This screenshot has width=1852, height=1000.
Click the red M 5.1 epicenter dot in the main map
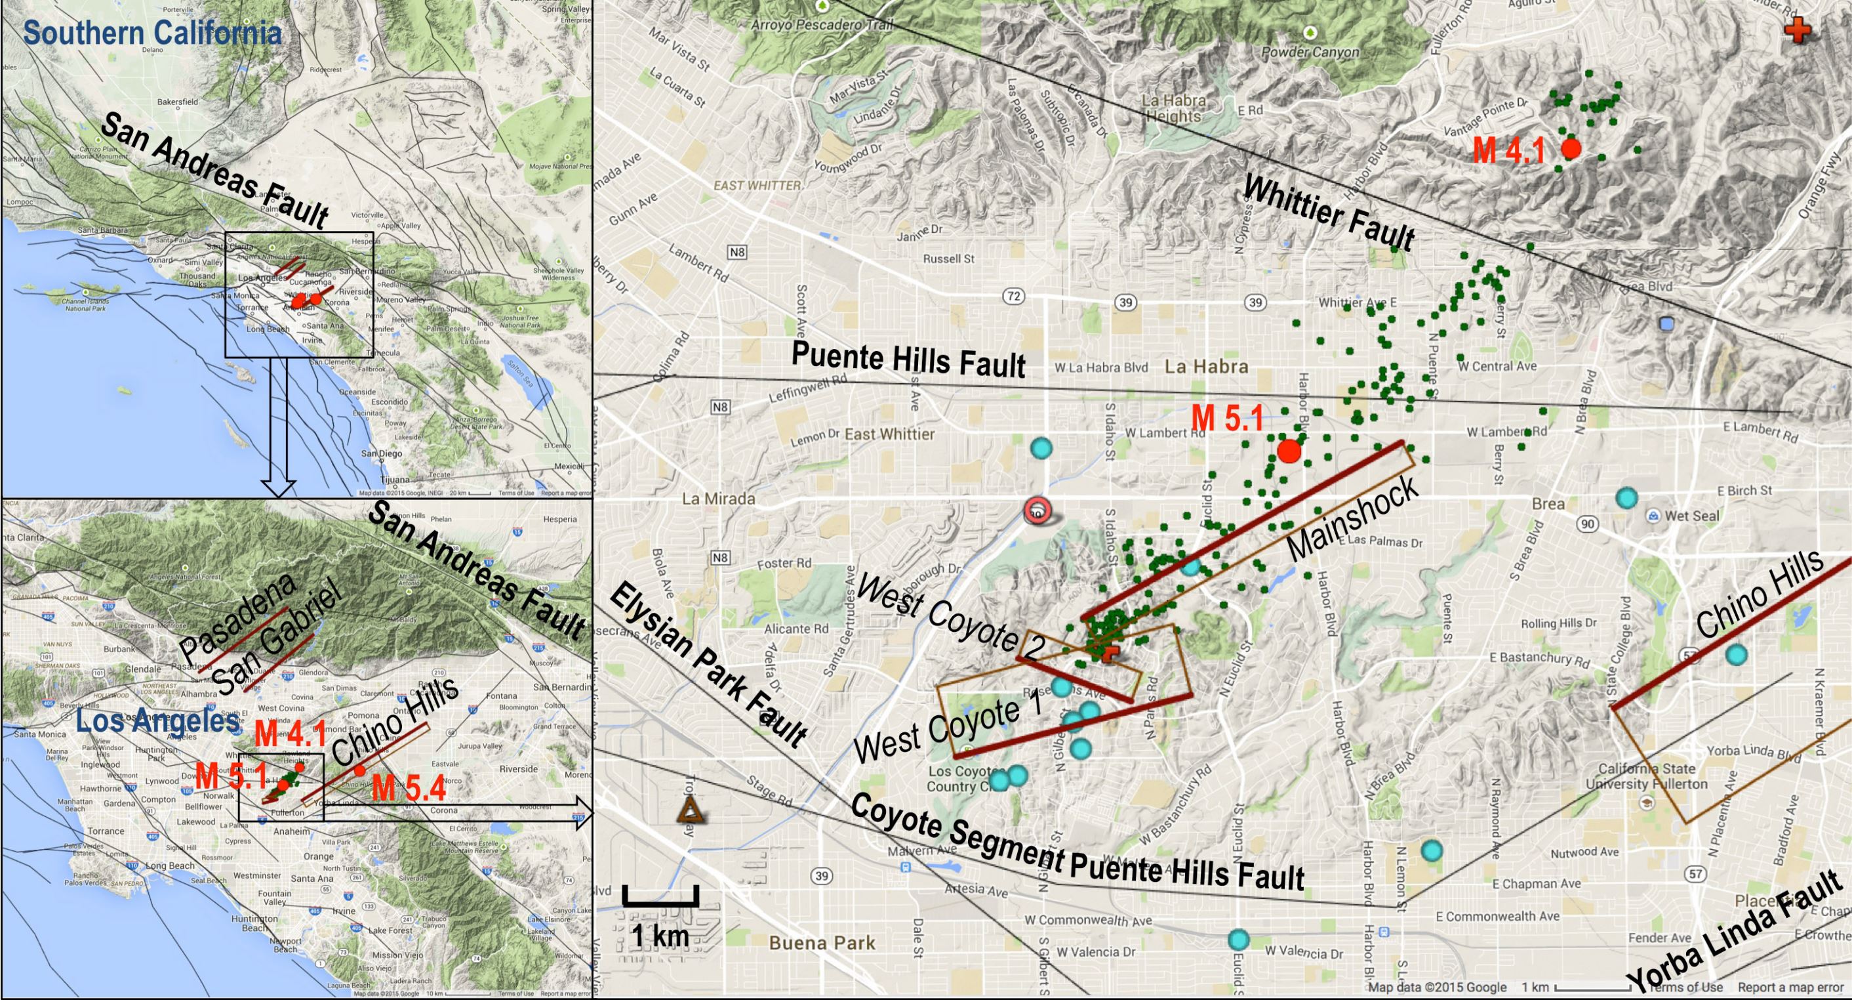tap(1289, 451)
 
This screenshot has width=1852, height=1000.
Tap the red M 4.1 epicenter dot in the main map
tap(1571, 149)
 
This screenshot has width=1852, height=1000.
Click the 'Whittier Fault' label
tap(1329, 213)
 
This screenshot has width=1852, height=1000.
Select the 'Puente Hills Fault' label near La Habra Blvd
tap(908, 360)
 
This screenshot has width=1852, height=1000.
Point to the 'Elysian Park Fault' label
tap(708, 665)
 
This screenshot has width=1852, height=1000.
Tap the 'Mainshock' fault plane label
tap(1352, 517)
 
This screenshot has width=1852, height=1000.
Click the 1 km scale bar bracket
tap(660, 896)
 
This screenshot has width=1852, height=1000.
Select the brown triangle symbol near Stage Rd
tap(691, 810)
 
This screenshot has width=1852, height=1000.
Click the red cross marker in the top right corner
tap(1798, 31)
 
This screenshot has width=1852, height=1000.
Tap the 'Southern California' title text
tap(151, 33)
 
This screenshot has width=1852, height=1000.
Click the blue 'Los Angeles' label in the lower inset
tap(158, 721)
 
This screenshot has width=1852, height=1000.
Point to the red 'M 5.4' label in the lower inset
tap(409, 788)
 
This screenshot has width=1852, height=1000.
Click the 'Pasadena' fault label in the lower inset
tap(237, 619)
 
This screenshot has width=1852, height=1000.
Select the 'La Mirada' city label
tap(718, 499)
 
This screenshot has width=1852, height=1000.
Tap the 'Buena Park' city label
tap(822, 942)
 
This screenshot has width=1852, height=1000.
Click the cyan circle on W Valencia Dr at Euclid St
tap(1238, 940)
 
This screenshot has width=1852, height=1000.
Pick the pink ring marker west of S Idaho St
tap(1037, 510)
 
